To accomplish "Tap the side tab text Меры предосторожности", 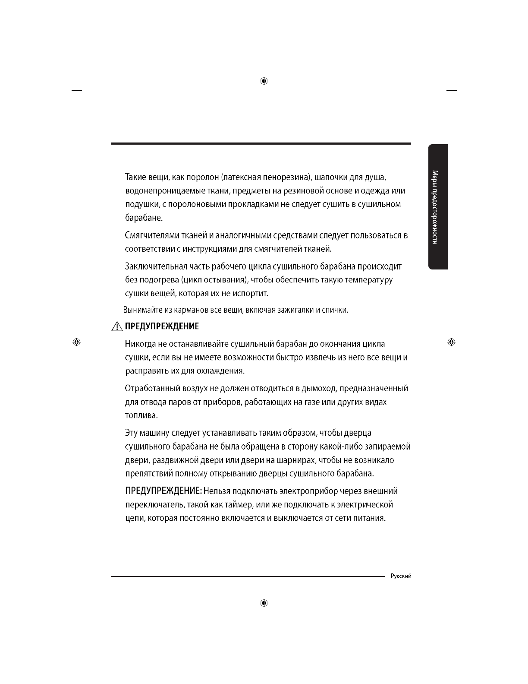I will click(436, 207).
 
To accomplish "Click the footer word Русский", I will click(401, 576).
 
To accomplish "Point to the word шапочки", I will click(331, 177).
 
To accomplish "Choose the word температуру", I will click(365, 280).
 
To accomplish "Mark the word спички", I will click(335, 310).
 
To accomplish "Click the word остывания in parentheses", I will click(224, 280).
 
